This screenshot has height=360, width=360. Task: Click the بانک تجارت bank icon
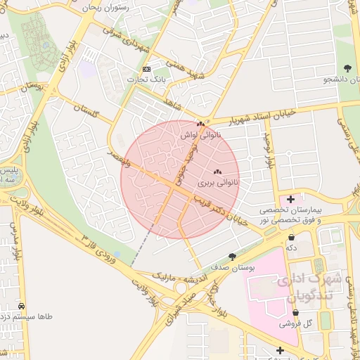tap(146, 69)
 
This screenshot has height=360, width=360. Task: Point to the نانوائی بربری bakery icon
tap(217, 172)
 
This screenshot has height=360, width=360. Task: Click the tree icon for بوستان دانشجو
tap(347, 68)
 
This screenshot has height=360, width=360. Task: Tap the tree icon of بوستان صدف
tap(233, 257)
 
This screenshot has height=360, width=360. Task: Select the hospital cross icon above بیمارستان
tap(291, 200)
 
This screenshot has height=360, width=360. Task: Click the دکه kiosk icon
tap(291, 238)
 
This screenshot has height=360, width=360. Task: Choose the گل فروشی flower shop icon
tap(294, 314)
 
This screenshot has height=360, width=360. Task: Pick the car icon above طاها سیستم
tap(22, 307)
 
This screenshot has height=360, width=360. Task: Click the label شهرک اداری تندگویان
tap(309, 287)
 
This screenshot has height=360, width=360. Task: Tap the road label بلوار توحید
tap(268, 150)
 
